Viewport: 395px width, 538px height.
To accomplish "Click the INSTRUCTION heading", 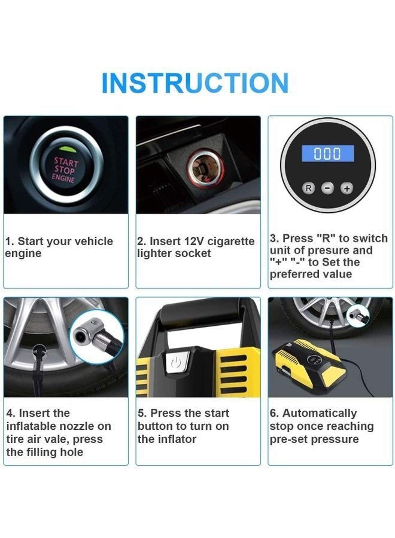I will pyautogui.click(x=195, y=83).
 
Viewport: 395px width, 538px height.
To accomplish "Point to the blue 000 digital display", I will pyautogui.click(x=327, y=154).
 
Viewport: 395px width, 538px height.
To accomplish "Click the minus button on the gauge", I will pyautogui.click(x=328, y=188).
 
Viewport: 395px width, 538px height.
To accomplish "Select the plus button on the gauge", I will pyautogui.click(x=347, y=188).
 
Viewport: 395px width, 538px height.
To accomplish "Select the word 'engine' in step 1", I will pyautogui.click(x=23, y=253).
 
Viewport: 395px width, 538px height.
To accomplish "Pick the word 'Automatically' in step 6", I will pyautogui.click(x=320, y=413).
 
